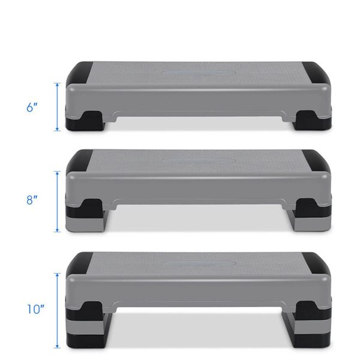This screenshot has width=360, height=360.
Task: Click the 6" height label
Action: [32, 107]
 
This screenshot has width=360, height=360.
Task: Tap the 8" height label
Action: [32, 200]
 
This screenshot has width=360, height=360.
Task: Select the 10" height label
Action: [35, 309]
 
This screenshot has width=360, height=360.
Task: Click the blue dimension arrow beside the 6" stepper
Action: [58, 107]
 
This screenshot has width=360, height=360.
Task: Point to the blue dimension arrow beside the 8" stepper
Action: [58, 202]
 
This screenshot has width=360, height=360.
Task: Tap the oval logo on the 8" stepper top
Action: [198, 161]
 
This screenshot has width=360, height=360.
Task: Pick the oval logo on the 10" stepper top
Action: [198, 263]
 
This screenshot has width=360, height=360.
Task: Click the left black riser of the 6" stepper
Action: [85, 121]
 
